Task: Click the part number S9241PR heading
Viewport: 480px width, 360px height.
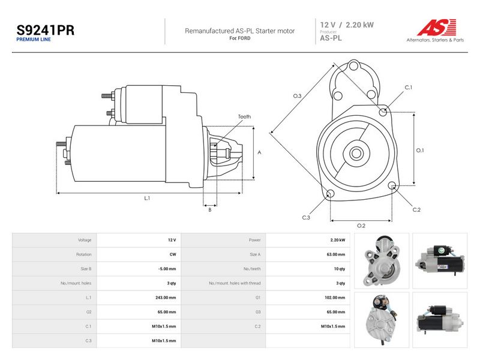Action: click(x=46, y=30)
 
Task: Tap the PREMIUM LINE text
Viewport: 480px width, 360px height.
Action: click(x=34, y=40)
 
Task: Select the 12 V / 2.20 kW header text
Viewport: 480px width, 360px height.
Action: click(x=347, y=25)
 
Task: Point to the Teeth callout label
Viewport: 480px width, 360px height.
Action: click(x=244, y=116)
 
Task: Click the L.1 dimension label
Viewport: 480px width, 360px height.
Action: click(x=147, y=198)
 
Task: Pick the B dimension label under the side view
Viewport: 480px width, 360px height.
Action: click(x=209, y=209)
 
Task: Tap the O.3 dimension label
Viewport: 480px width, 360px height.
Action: click(x=297, y=96)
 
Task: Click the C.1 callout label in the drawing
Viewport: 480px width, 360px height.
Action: click(x=409, y=88)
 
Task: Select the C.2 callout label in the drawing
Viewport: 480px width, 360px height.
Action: click(x=416, y=209)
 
